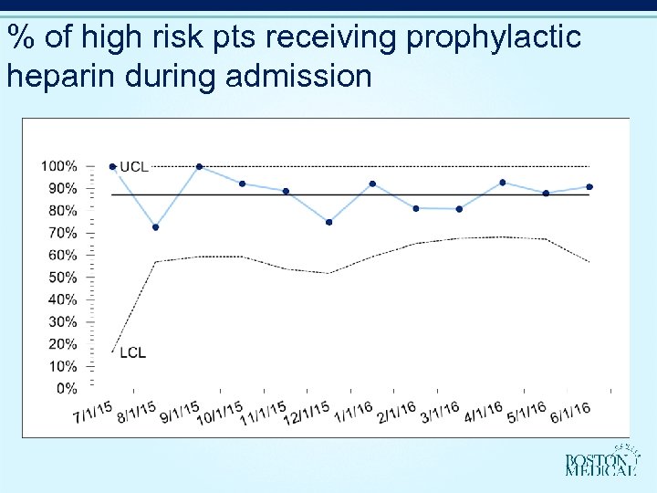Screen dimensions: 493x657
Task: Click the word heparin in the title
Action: [x=59, y=75]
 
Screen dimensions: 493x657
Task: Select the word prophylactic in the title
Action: [x=494, y=38]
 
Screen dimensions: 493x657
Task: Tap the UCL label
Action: [x=134, y=167]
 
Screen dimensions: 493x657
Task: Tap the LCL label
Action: [x=132, y=352]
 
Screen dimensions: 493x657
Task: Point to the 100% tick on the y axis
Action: [x=59, y=166]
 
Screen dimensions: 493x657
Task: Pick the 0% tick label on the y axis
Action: [x=66, y=388]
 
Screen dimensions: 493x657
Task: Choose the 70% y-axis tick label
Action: [x=62, y=233]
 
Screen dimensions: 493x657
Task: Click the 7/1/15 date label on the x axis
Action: [x=94, y=413]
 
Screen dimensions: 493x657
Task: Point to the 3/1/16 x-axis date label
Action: [x=439, y=413]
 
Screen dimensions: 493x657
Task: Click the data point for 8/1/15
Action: [x=156, y=227]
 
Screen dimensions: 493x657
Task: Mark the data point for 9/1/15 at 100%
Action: [x=199, y=167]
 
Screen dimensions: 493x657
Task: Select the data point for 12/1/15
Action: [x=328, y=222]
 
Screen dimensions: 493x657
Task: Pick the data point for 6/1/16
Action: [x=589, y=187]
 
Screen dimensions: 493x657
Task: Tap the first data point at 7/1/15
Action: [x=112, y=167]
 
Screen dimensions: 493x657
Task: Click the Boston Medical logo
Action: [x=600, y=462]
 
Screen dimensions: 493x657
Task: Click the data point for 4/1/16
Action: [x=503, y=183]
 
